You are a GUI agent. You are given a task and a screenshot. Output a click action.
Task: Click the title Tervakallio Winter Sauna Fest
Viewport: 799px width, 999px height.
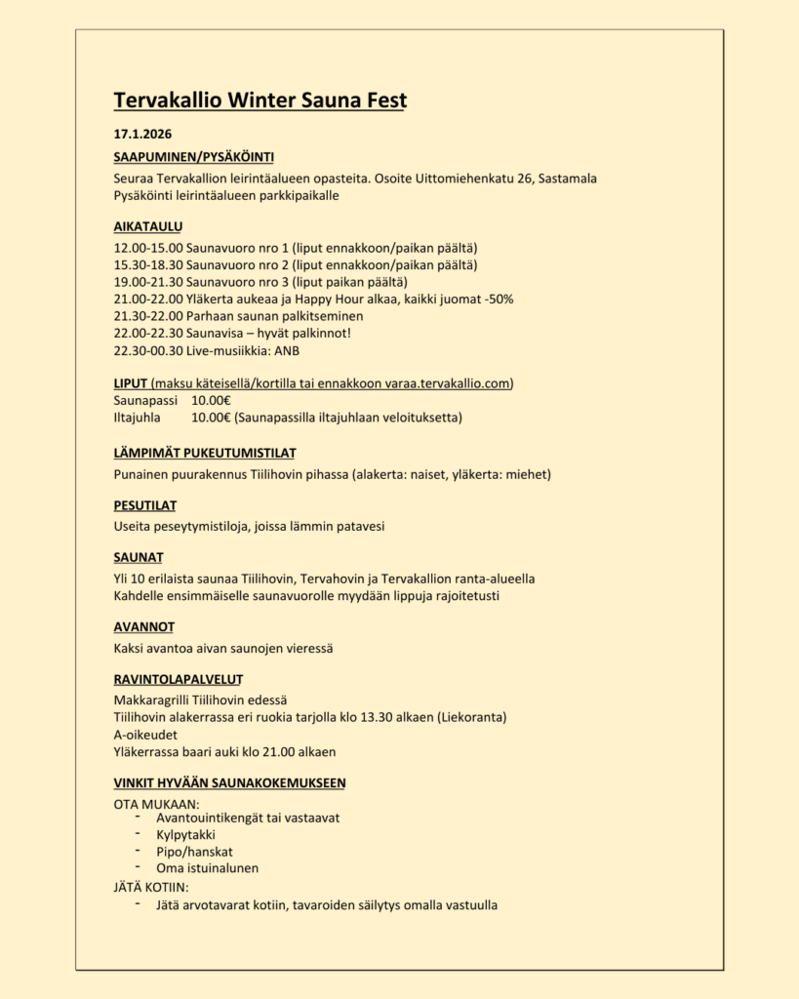pos(260,100)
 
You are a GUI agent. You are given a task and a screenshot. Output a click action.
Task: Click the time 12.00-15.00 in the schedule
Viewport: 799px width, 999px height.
pos(147,248)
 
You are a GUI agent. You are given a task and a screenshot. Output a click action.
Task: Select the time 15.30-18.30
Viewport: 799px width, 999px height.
pos(147,264)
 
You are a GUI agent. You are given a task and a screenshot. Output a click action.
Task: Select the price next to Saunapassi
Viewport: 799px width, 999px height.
pos(212,400)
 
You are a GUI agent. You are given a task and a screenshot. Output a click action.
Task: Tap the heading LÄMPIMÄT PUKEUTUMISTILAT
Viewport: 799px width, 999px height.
pos(205,453)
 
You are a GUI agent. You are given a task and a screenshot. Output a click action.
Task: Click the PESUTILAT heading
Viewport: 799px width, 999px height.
pos(145,505)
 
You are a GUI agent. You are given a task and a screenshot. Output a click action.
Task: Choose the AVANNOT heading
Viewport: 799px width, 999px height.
pos(143,626)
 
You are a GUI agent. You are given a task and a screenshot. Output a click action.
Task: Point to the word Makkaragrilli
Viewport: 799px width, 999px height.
pos(151,699)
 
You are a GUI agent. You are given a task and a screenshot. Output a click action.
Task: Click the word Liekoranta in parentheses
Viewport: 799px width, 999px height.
pos(472,717)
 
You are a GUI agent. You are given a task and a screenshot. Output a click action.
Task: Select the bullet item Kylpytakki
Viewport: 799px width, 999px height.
pos(186,835)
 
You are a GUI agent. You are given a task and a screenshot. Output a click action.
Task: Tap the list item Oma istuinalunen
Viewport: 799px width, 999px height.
pos(208,867)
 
